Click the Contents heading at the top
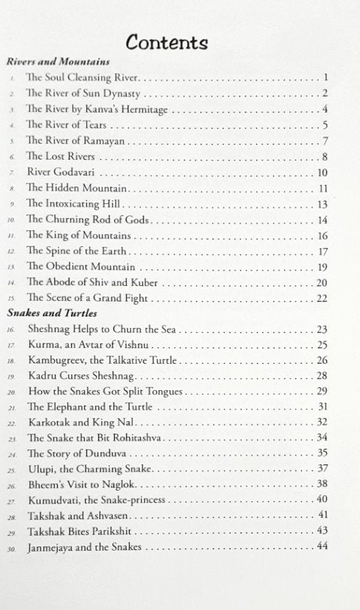pos(167,42)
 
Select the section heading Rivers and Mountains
pos(58,62)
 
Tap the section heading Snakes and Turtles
pos(54,313)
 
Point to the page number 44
pos(323,569)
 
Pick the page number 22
pos(323,299)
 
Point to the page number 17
pos(323,251)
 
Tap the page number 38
pos(323,484)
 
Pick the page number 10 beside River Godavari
pos(323,173)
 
